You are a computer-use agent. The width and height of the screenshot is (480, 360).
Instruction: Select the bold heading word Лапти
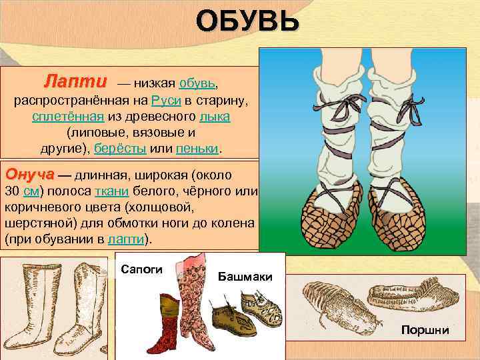pyautogui.click(x=75, y=83)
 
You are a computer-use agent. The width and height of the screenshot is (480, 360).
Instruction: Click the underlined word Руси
pyautogui.click(x=163, y=101)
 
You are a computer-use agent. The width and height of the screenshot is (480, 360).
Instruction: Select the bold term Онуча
pyautogui.click(x=29, y=175)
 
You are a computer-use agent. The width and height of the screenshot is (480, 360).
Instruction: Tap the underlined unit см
pyautogui.click(x=31, y=191)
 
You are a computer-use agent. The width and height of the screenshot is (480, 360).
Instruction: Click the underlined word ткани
pyautogui.click(x=107, y=191)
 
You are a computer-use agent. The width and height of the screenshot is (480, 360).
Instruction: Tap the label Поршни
pyautogui.click(x=425, y=330)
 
